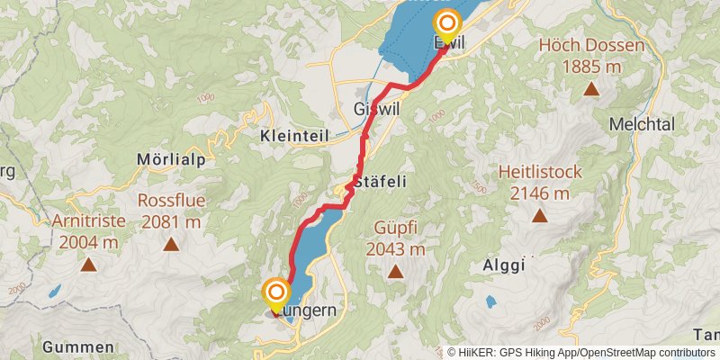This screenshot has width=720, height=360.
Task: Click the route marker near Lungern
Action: tap(275, 293)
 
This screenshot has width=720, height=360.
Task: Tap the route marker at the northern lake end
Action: tap(447, 22)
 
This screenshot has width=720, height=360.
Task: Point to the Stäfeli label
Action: tap(381, 181)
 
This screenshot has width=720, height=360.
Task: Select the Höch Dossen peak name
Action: tap(591, 46)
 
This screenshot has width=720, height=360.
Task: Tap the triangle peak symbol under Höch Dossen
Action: tap(591, 88)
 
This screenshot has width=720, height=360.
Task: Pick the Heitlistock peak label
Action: tap(540, 172)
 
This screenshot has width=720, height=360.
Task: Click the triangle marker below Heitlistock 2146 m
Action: tap(539, 215)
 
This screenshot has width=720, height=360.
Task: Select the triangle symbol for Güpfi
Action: tap(394, 271)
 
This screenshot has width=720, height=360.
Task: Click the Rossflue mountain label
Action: tap(169, 201)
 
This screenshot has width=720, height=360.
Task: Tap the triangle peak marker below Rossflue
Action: tap(169, 244)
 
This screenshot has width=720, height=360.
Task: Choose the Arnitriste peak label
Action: tap(88, 220)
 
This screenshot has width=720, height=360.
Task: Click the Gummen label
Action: tap(78, 347)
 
